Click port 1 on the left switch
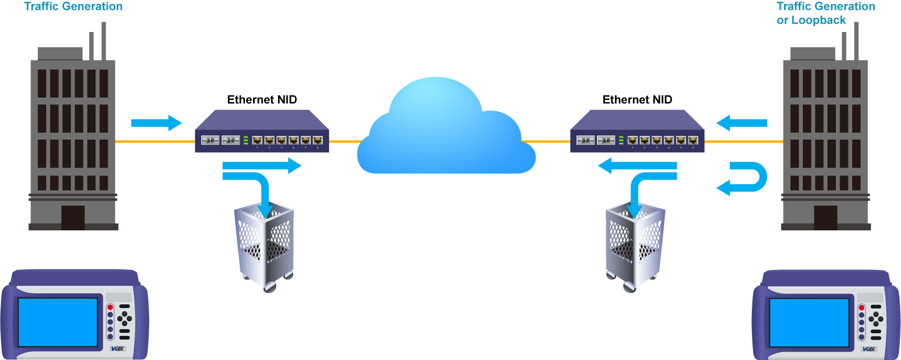(257, 140)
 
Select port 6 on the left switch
(318, 140)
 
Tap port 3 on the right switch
(657, 140)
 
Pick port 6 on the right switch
(693, 140)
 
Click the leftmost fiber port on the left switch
(210, 140)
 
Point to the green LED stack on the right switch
(621, 140)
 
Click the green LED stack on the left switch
(246, 140)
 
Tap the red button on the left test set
(110, 308)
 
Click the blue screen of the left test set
(58, 322)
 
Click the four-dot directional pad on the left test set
(125, 318)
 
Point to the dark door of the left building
(73, 236)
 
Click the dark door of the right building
(826, 236)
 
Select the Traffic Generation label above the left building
(74, 7)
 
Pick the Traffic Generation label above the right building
(826, 7)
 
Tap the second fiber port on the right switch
(606, 140)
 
